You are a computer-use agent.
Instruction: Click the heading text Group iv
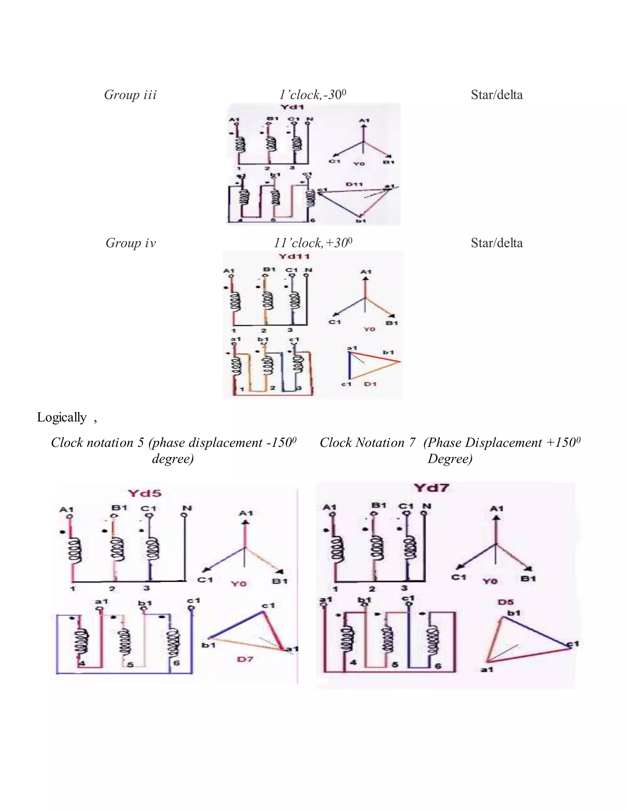[131, 243]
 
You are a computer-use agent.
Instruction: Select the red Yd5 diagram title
[145, 494]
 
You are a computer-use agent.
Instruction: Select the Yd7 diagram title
[432, 488]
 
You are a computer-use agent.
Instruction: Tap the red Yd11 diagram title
[294, 256]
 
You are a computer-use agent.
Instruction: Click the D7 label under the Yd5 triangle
[245, 659]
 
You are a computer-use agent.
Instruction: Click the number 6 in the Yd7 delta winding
[438, 666]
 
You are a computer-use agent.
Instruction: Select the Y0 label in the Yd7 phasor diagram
[490, 581]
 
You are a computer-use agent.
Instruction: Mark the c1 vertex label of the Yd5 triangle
[268, 606]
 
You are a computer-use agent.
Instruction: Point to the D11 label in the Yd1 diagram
[355, 184]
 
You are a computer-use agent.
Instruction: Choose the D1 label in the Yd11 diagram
[370, 384]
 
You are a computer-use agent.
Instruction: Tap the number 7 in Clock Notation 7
[412, 443]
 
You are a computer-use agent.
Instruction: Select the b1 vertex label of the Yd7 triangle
[514, 613]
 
